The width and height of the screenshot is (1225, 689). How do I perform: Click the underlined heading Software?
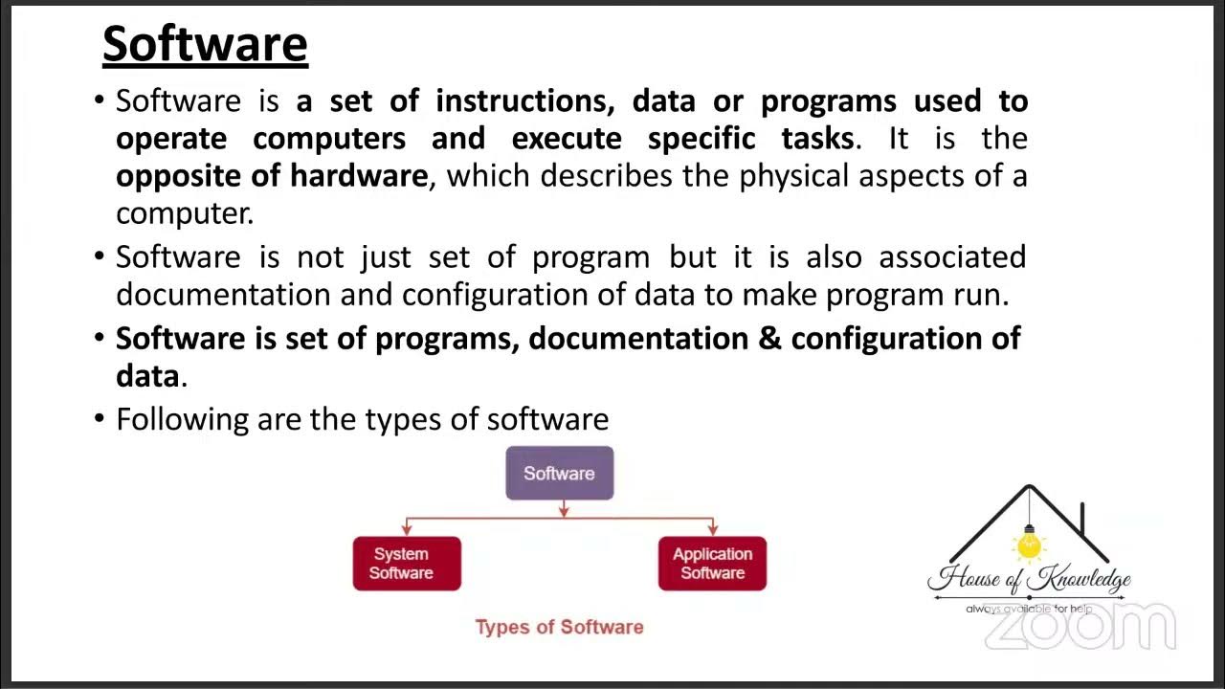pos(205,45)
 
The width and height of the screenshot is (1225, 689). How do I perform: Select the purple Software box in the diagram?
pos(559,473)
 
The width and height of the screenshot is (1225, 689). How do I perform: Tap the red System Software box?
pos(407,564)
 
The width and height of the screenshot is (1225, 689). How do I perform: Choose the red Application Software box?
pos(712,564)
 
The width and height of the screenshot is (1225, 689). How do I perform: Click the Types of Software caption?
pos(559,628)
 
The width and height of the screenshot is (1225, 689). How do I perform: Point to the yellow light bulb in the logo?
pos(1029,545)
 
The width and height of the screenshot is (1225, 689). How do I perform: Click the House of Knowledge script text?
pos(1029,579)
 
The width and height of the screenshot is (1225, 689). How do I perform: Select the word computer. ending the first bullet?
pos(185,213)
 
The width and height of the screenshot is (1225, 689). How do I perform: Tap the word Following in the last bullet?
pos(182,420)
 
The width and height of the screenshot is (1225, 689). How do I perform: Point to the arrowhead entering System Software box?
pos(407,529)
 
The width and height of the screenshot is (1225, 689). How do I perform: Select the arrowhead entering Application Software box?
pos(712,529)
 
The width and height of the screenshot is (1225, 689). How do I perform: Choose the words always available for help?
pos(1029,609)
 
